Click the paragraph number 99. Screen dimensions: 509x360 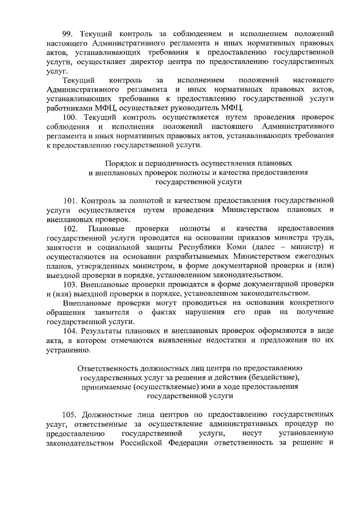[x=70, y=34]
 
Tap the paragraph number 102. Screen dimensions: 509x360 [x=71, y=228]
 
